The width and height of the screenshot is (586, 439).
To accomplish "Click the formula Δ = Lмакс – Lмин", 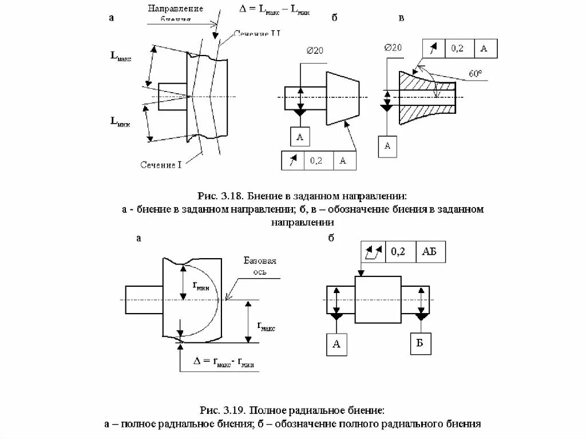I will pos(274,10).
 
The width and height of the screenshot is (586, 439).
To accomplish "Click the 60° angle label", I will pos(474,74).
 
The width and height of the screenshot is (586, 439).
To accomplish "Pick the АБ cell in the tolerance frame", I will pos(432,251).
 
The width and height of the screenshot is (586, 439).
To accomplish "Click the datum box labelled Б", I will pos(421,343).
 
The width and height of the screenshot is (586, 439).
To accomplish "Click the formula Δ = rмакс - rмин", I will pos(224,362).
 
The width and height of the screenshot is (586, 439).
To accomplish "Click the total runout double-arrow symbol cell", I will pos(373,251).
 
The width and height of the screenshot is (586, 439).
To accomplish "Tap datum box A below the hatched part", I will pos(387,146).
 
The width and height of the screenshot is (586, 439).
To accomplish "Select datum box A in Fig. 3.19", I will pos(336,343).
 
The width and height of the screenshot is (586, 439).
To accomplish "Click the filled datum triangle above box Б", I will pos(422,317).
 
